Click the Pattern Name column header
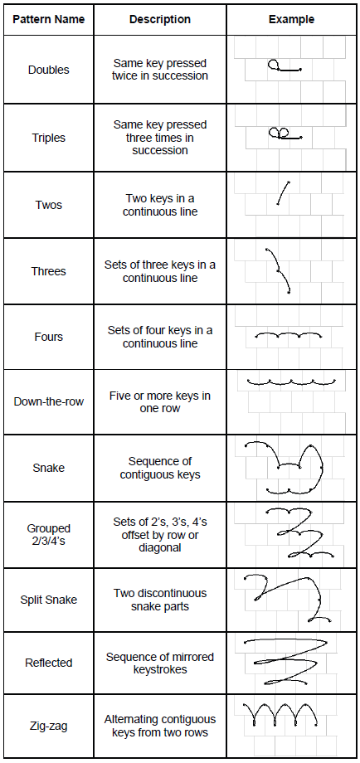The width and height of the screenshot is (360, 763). coord(49,19)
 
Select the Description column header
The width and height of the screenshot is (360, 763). coord(160,19)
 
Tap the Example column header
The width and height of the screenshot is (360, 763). coord(291,19)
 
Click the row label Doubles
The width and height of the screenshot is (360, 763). coord(49,70)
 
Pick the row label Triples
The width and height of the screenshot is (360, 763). coord(49,138)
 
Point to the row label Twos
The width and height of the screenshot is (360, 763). coord(49,204)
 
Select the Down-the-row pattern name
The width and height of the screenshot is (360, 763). coord(49,402)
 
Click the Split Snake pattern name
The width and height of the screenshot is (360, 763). coord(49,600)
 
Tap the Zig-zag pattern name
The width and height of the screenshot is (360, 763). coord(49,726)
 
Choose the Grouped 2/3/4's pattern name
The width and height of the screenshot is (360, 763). coord(49,534)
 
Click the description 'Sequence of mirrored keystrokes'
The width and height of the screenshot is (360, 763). coord(160,663)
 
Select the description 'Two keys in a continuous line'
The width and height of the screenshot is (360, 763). coord(160,205)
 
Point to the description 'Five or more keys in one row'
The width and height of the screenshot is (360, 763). coord(160,402)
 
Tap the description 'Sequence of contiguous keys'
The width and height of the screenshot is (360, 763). coord(160,468)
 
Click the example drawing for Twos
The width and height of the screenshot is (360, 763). coord(284,193)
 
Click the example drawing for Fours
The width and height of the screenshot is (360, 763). coord(289,335)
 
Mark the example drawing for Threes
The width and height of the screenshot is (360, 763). coord(278,270)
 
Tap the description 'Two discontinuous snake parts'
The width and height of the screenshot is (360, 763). coord(160,600)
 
